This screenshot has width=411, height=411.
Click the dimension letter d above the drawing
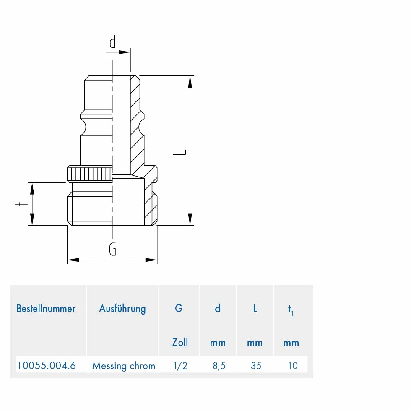pos(113,42)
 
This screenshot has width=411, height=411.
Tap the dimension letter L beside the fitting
pos(180,152)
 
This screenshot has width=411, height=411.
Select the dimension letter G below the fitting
pos(113,249)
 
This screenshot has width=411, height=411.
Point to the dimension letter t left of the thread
pos(21,204)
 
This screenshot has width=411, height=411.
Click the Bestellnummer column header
pos(46,309)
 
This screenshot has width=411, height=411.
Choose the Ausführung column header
pos(122,309)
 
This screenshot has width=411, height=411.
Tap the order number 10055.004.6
pos(47,365)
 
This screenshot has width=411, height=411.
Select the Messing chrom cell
pos(124,366)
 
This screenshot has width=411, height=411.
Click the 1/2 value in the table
pos(180,365)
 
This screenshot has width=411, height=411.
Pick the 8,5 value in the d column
pos(219,366)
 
